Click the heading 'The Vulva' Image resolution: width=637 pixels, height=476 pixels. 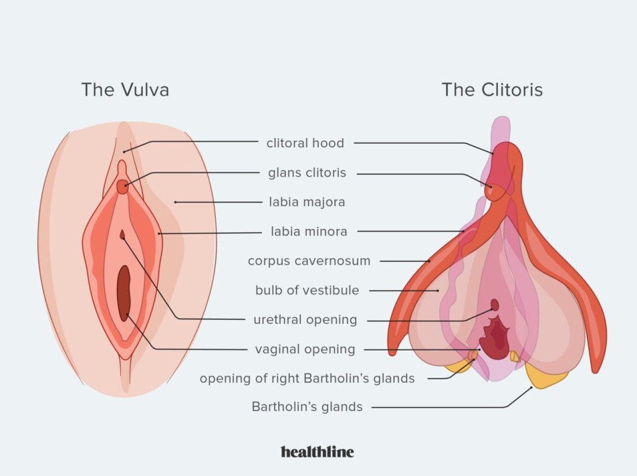(x=125, y=89)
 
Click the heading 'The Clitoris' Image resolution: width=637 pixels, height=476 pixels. (x=492, y=89)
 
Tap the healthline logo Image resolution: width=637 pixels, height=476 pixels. (x=317, y=451)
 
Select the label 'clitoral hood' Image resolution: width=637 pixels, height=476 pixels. (x=305, y=143)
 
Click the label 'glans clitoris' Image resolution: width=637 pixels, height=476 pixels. (x=307, y=173)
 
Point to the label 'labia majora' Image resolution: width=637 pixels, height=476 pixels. (x=307, y=202)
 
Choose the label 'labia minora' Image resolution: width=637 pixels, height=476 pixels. (x=309, y=231)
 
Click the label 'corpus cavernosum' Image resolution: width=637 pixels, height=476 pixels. (x=309, y=261)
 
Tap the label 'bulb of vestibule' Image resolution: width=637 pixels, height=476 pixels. (x=307, y=290)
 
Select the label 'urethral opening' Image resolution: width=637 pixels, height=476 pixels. (x=305, y=320)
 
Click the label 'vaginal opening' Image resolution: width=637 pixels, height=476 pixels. (x=305, y=349)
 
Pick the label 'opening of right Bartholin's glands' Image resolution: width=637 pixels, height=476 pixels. (x=307, y=378)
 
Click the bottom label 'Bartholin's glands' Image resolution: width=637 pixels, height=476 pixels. (x=307, y=407)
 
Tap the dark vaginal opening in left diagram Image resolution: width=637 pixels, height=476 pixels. (x=123, y=294)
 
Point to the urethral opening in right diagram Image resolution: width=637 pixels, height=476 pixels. (x=495, y=304)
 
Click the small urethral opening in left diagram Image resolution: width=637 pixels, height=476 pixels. (x=122, y=233)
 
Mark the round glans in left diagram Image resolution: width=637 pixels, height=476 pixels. (x=122, y=187)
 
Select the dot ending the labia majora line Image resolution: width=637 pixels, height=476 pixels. (x=175, y=202)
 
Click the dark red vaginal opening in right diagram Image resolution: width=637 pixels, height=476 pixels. (x=497, y=338)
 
